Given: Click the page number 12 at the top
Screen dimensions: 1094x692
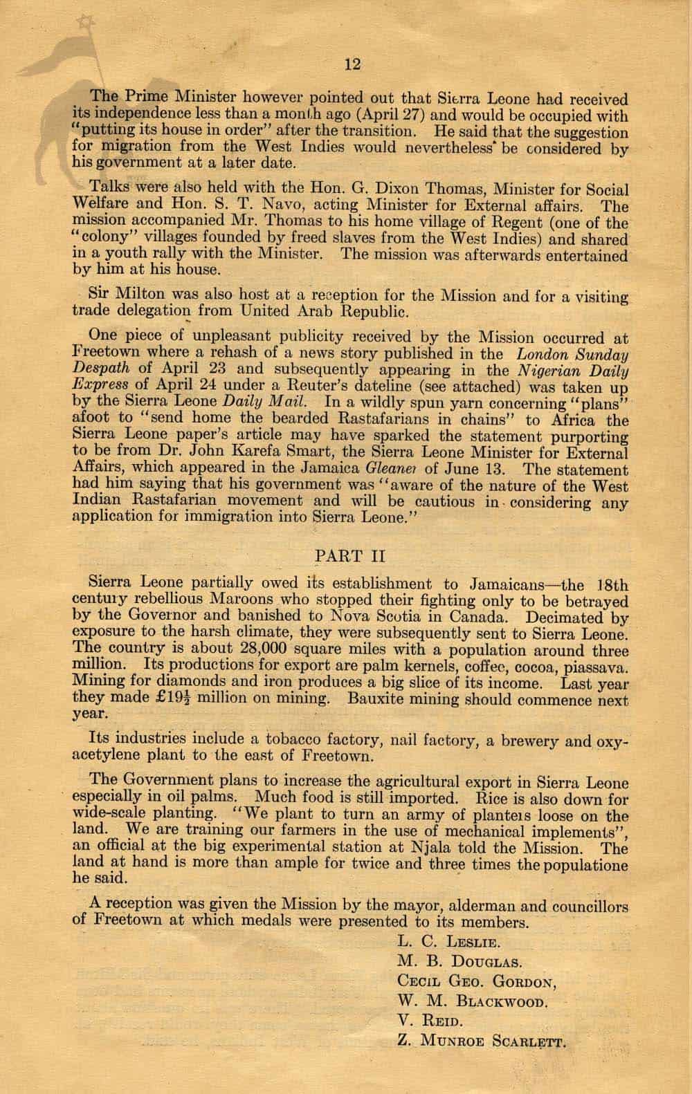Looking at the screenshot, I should coord(352,64).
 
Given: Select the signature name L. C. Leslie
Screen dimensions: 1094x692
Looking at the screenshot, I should coord(449,940).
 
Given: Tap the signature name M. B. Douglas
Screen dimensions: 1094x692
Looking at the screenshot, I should coord(459,961).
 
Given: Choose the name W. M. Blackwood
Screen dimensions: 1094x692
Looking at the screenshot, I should coord(474,1001).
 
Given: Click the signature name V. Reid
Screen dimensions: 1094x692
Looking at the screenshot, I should coord(428,1020).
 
